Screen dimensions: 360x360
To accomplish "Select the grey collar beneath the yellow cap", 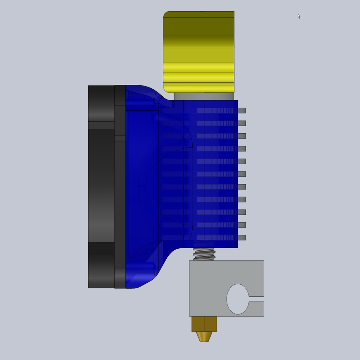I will click(x=204, y=96).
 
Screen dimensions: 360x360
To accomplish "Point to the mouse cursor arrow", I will click(x=299, y=16).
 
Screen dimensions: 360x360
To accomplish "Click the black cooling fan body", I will click(x=101, y=186).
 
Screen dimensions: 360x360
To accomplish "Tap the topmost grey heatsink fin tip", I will click(x=242, y=110).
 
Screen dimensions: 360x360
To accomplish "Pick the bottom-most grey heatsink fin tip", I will click(x=242, y=238).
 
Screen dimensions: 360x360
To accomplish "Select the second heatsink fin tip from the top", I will click(x=242, y=123).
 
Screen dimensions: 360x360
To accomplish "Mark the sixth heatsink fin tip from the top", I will click(x=242, y=174).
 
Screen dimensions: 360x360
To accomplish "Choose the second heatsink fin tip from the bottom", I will click(x=242, y=225).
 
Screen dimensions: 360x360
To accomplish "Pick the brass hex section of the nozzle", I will click(x=204, y=324).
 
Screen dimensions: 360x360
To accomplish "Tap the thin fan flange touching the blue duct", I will click(x=120, y=186).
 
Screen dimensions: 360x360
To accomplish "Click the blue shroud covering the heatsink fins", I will click(x=211, y=174).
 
